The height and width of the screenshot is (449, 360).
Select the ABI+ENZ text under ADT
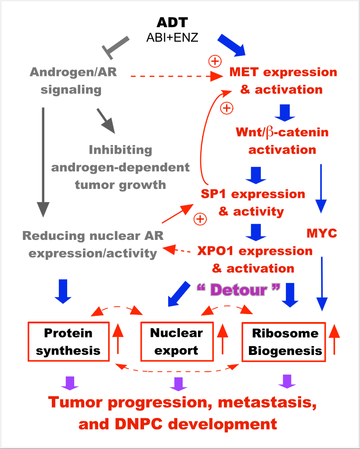coord(173,38)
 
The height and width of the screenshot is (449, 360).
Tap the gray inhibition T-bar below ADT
coord(115,47)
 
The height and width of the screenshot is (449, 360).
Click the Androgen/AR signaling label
coord(73,81)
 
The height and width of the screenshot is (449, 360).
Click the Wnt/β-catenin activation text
coord(282,141)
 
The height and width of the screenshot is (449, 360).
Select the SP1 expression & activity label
coord(252,203)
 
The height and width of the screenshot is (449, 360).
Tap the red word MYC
coord(321,233)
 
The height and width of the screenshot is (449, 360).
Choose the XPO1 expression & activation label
coord(255,259)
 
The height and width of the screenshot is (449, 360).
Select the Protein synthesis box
coord(68,342)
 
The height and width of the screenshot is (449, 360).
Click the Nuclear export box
coord(176,342)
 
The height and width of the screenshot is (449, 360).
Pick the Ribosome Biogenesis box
coord(284,342)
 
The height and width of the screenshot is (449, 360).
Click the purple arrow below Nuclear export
coord(178,384)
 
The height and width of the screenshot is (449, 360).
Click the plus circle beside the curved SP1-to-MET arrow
coord(227,107)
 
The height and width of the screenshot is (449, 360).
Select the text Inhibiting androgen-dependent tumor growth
coord(120,167)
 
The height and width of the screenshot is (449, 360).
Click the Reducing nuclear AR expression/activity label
coord(93,244)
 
